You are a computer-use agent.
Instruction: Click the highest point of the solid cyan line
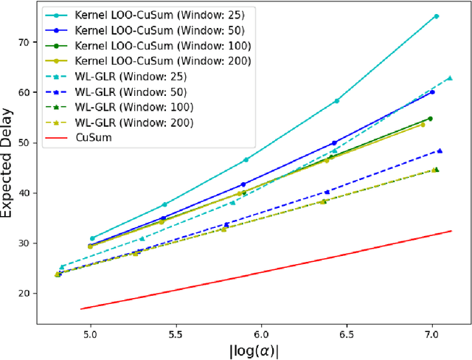pos(436,16)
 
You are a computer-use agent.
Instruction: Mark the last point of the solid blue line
pos(432,92)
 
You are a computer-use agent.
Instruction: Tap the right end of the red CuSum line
pos(451,232)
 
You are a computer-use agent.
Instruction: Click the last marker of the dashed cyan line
pos(450,77)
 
